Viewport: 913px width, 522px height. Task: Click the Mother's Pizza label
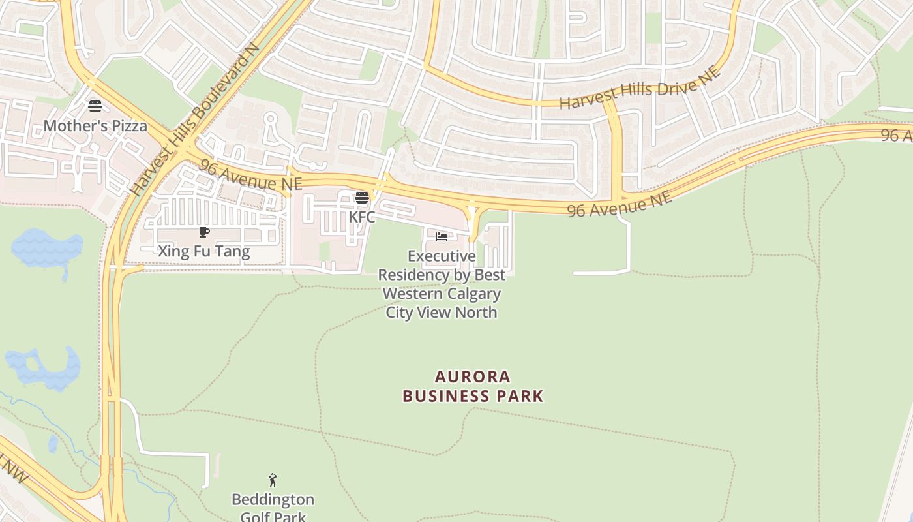coord(95,126)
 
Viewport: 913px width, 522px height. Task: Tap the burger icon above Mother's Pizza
coord(95,106)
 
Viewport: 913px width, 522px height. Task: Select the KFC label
coord(362,217)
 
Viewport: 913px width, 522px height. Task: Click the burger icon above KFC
coord(362,198)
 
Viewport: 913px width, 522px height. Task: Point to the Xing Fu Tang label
coord(203,251)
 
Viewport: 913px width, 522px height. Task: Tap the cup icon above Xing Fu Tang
coord(203,232)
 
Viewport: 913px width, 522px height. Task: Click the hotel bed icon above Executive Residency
coord(442,236)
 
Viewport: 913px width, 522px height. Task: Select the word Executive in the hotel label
coord(442,256)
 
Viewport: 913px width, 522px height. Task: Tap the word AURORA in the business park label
coord(473,376)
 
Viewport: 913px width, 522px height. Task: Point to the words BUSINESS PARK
coord(473,396)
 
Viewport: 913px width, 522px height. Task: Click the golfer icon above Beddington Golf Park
coord(273,481)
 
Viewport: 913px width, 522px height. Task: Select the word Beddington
coord(273,500)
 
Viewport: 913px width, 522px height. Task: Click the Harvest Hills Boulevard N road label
coord(195,121)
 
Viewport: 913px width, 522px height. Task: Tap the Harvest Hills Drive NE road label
coord(640,88)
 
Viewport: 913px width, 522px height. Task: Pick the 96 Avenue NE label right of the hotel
coord(619,204)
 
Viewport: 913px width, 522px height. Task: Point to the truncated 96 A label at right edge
coord(897,135)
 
